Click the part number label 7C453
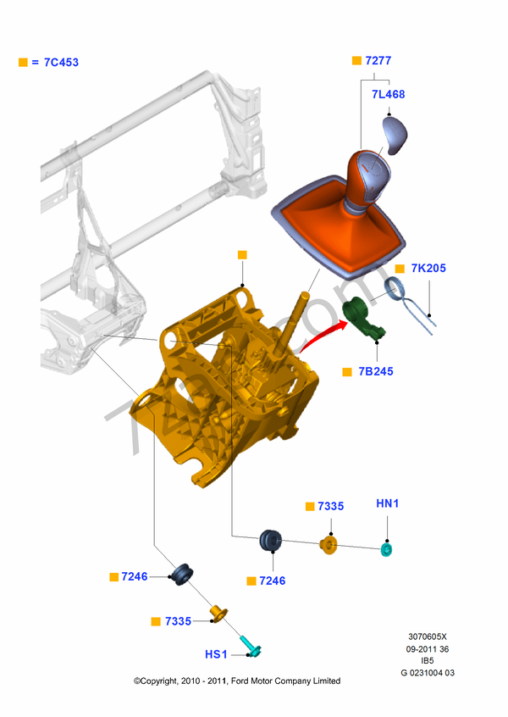[61, 62]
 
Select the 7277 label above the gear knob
[378, 60]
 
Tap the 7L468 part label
[389, 94]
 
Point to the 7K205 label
[428, 268]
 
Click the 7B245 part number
[376, 371]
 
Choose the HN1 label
[388, 503]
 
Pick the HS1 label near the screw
[216, 654]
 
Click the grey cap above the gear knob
[395, 136]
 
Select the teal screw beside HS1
[251, 646]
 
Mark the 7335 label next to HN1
[331, 506]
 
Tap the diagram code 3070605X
[428, 636]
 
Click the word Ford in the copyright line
[240, 681]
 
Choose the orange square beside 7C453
[23, 62]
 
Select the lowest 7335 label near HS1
[178, 621]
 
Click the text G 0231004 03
[428, 673]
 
